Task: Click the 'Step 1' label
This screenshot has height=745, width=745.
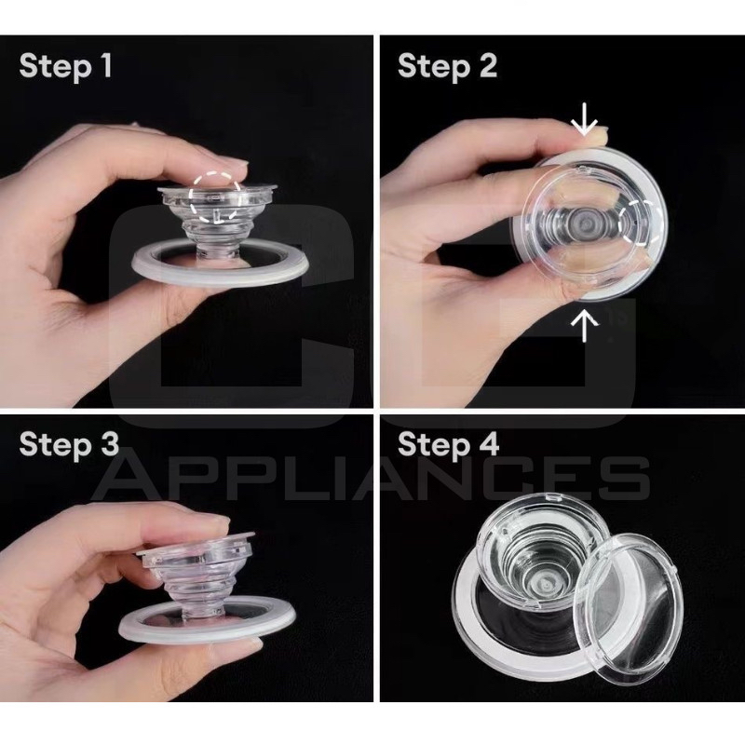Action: point(65,65)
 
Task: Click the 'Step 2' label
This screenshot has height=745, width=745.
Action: point(447,65)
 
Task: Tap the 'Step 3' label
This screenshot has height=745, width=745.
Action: point(69,444)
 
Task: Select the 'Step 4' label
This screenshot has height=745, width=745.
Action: point(448,444)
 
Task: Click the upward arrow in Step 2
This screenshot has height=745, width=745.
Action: point(584,325)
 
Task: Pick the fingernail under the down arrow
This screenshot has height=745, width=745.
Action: point(596,137)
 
